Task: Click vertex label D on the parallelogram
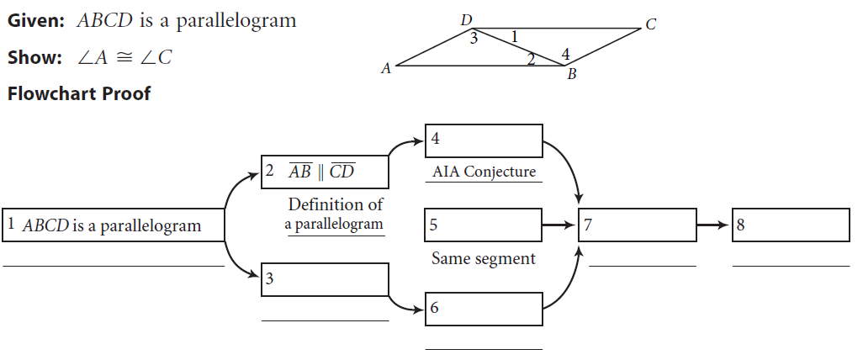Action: (x=467, y=19)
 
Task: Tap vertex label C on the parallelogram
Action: (x=650, y=25)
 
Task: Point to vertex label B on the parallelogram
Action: (x=572, y=75)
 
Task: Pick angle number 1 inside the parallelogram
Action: (x=515, y=35)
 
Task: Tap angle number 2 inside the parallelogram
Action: (x=531, y=58)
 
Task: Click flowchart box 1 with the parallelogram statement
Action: (x=114, y=225)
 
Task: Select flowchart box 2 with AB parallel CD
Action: (x=325, y=172)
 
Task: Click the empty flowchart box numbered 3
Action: (x=325, y=279)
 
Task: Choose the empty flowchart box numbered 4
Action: (x=484, y=140)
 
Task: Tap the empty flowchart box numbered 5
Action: (x=484, y=225)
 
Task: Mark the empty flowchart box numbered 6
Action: (x=484, y=309)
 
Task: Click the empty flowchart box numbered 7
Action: (x=637, y=225)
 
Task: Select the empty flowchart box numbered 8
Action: (x=791, y=225)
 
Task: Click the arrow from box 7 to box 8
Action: (x=713, y=225)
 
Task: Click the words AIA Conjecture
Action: (x=484, y=172)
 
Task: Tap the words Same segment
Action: (x=483, y=259)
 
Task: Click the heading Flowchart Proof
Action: (x=79, y=93)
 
